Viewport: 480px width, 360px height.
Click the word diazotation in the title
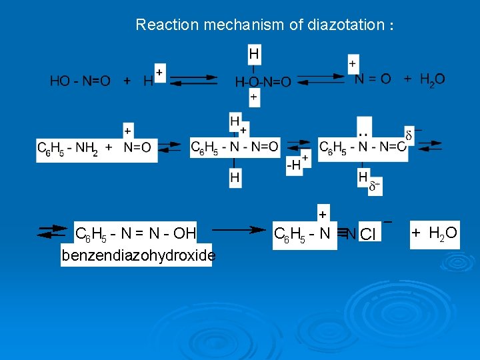[x=346, y=25]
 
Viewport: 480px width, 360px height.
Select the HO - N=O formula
[x=80, y=81]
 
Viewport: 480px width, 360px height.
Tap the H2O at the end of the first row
[x=432, y=79]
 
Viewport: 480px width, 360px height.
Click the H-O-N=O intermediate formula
[x=263, y=82]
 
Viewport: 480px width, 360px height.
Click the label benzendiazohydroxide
[x=137, y=255]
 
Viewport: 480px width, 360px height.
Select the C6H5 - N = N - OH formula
[x=135, y=234]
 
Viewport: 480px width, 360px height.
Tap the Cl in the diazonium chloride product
[x=368, y=234]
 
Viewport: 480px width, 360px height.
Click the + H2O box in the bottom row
[x=434, y=233]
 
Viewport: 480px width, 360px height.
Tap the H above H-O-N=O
[x=254, y=53]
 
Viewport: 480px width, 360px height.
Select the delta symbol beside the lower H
[x=375, y=187]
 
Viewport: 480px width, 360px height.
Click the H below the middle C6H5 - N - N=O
[x=235, y=177]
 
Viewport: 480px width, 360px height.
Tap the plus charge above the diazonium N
[x=323, y=215]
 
